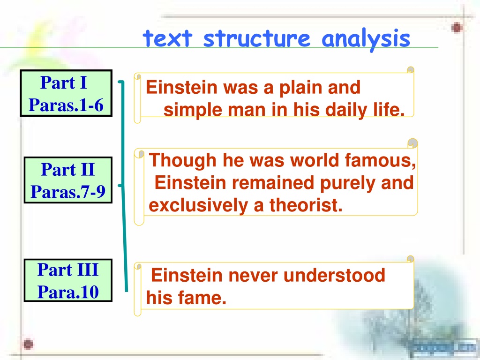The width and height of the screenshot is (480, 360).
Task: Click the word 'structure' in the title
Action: tap(257, 38)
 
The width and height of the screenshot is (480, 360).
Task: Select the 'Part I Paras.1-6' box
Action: tap(66, 93)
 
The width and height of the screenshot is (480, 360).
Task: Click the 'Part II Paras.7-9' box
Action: tap(68, 180)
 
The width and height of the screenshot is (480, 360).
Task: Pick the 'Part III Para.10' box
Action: tap(68, 280)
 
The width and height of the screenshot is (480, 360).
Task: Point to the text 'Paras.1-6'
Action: tap(66, 105)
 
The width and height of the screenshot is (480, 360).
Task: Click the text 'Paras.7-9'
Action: tap(68, 192)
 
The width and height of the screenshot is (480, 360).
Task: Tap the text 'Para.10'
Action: tap(68, 292)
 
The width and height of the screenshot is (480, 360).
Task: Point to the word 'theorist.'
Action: tap(306, 205)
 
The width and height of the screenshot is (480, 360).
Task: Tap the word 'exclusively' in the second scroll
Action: tap(198, 205)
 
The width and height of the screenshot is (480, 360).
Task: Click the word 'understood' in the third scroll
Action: tap(334, 275)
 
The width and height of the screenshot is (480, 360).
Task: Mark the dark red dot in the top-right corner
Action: tap(457, 28)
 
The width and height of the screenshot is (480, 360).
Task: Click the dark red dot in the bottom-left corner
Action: tap(28, 345)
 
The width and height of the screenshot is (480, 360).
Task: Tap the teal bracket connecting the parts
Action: tap(124, 186)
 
